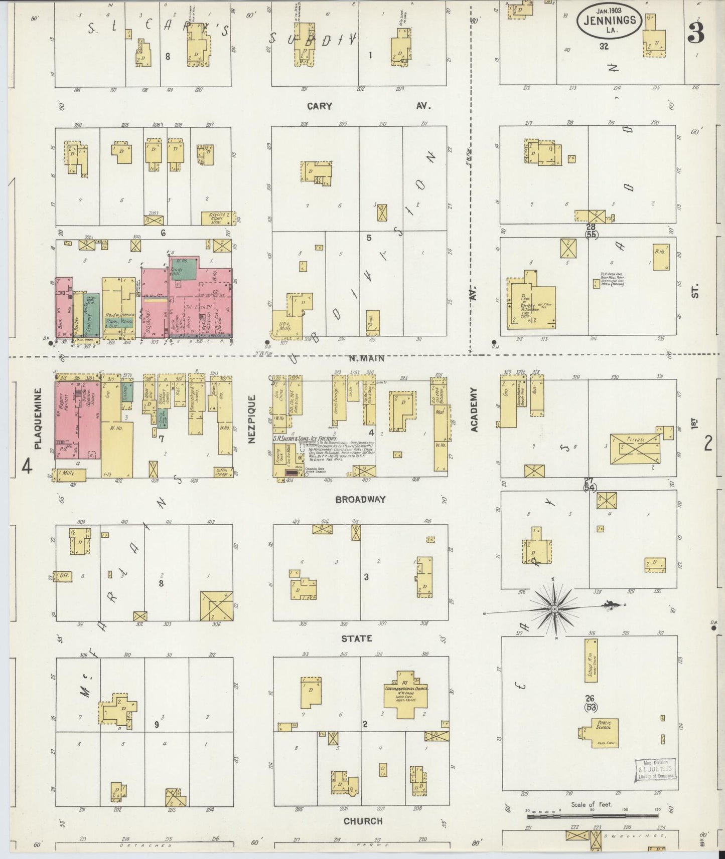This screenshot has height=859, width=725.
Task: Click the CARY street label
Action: coord(319,106)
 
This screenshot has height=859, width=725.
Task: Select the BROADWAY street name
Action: coord(360,499)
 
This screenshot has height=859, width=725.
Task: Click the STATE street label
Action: coord(357,638)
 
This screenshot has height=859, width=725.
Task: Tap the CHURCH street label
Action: coord(363,821)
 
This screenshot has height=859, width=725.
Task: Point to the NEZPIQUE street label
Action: coord(252,418)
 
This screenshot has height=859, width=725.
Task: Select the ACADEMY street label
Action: coord(474,409)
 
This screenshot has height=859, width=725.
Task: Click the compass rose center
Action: coord(555,609)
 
